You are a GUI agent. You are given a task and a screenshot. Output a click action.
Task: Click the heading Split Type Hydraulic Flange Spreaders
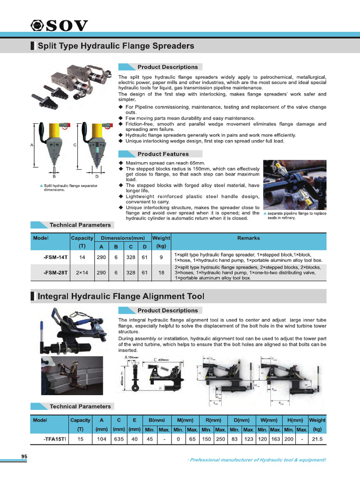pyautogui.click(x=115, y=46)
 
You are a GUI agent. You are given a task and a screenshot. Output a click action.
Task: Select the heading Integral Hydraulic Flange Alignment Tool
pyautogui.click(x=120, y=296)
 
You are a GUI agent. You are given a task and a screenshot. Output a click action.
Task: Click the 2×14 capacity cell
pyautogui.click(x=82, y=272)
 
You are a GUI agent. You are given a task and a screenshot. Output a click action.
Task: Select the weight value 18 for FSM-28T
pyautogui.click(x=161, y=272)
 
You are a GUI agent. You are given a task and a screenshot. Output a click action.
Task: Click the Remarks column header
pyautogui.click(x=248, y=238)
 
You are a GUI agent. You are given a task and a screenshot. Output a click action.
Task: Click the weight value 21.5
pyautogui.click(x=317, y=439)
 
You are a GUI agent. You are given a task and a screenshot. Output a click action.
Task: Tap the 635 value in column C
pyautogui.click(x=119, y=439)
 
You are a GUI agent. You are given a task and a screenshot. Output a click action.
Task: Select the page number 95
pyautogui.click(x=24, y=457)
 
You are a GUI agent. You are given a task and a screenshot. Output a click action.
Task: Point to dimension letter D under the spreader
pyautogui.click(x=97, y=177)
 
